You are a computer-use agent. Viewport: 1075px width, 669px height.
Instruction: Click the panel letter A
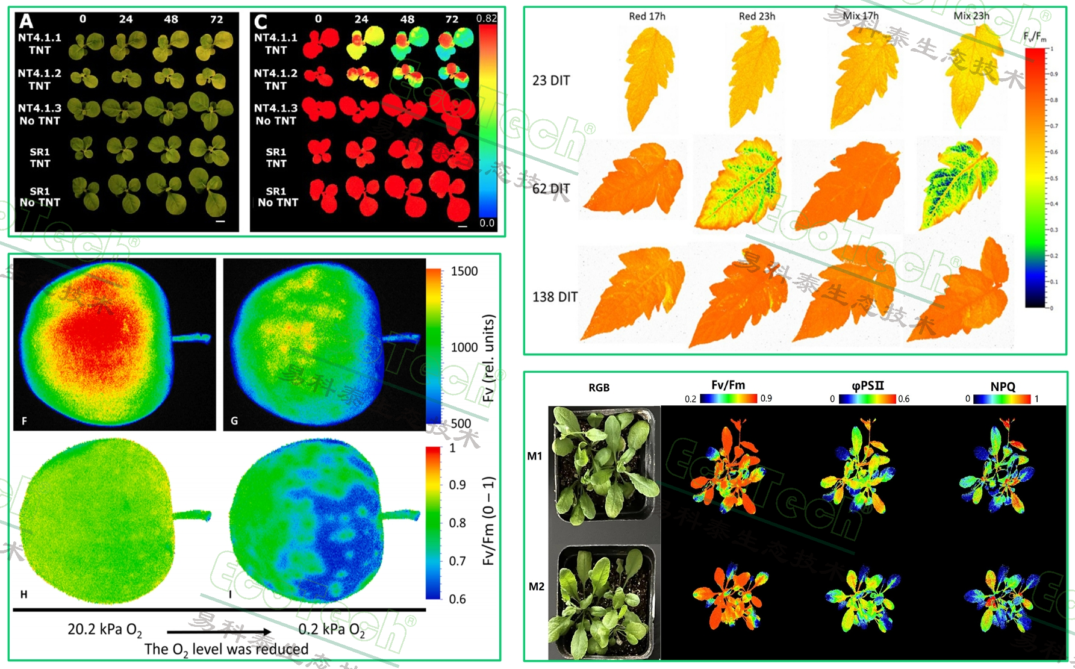(26, 22)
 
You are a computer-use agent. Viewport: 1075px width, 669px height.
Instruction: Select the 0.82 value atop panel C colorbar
(486, 19)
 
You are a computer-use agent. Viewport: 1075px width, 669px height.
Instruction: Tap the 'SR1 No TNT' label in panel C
(277, 197)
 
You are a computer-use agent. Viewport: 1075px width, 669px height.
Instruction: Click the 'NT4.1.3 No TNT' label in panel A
(40, 114)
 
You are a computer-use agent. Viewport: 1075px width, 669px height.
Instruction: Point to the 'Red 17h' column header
(647, 16)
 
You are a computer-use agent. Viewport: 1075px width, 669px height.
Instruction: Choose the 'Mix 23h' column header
(971, 16)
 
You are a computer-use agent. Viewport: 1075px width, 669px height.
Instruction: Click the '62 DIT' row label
(550, 188)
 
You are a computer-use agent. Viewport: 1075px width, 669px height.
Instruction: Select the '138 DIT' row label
(555, 297)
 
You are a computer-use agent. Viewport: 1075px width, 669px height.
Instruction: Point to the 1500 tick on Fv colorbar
(464, 272)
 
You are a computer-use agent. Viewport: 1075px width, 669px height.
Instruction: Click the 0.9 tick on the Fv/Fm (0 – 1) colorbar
(457, 485)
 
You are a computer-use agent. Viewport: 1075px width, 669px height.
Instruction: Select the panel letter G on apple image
(234, 420)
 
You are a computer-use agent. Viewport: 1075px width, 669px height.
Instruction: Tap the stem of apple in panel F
(191, 338)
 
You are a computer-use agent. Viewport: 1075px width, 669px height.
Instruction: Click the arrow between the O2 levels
(219, 632)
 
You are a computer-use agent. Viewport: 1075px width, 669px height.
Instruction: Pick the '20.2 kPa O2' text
(105, 630)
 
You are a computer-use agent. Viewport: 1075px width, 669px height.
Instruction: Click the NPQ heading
(1002, 387)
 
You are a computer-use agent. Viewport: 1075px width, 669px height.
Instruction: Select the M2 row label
(536, 587)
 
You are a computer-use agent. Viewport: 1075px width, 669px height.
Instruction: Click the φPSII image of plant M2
(862, 598)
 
